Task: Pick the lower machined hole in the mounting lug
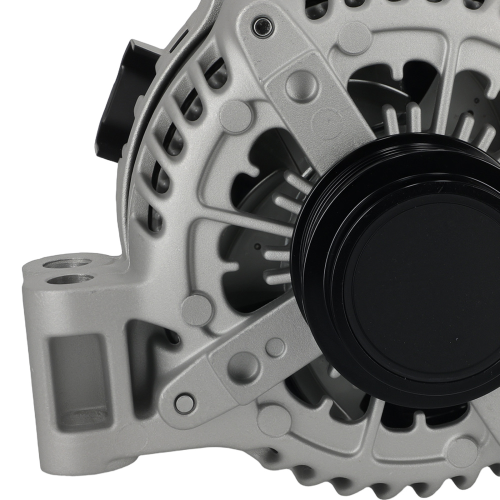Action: click(x=70, y=278)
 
